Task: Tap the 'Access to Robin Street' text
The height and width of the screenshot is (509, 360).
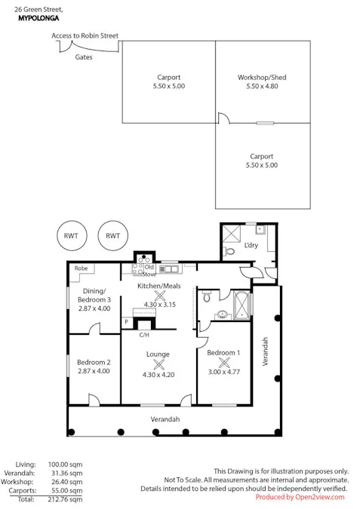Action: tap(85, 35)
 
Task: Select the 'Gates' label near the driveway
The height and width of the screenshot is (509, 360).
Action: tap(84, 57)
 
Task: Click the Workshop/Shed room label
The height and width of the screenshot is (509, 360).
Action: tap(262, 78)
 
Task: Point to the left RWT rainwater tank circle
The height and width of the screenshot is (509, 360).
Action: tap(71, 236)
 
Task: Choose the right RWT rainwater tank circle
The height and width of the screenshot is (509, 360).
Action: tap(113, 236)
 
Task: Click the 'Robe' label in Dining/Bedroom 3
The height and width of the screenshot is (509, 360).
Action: tap(81, 268)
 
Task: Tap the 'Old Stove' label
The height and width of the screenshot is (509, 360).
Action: tap(149, 270)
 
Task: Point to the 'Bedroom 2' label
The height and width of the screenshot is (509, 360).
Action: tap(94, 361)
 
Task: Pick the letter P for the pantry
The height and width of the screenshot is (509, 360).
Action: tap(127, 322)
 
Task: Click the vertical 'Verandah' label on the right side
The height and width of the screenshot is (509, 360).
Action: tap(265, 351)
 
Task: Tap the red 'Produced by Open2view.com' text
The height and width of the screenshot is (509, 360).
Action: tap(300, 498)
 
